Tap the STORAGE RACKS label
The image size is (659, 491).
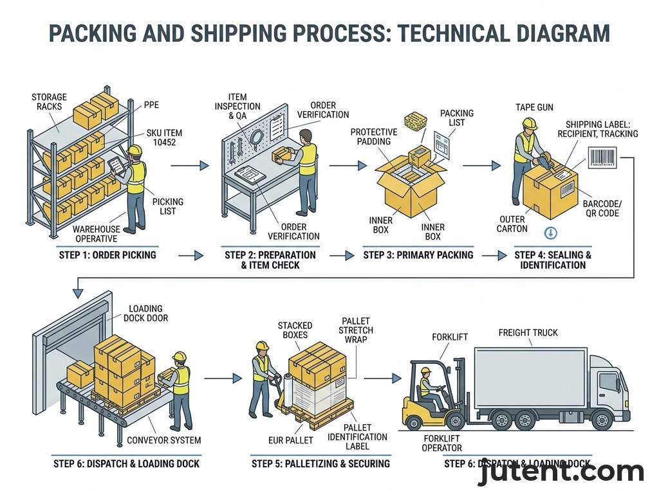pos(49,102)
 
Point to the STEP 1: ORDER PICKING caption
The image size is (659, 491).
pos(106,255)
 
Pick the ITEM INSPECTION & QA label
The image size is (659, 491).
pos(237,107)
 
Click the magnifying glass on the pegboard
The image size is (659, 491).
pos(256,137)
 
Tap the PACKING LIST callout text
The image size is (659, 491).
pos(456,118)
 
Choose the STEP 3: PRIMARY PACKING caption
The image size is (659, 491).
pos(418,255)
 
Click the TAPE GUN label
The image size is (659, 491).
pos(534,107)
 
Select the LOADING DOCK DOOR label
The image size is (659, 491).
pos(149,313)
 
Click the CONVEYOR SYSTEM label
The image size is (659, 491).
pos(163,440)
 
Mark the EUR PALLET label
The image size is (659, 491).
pos(290,440)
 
